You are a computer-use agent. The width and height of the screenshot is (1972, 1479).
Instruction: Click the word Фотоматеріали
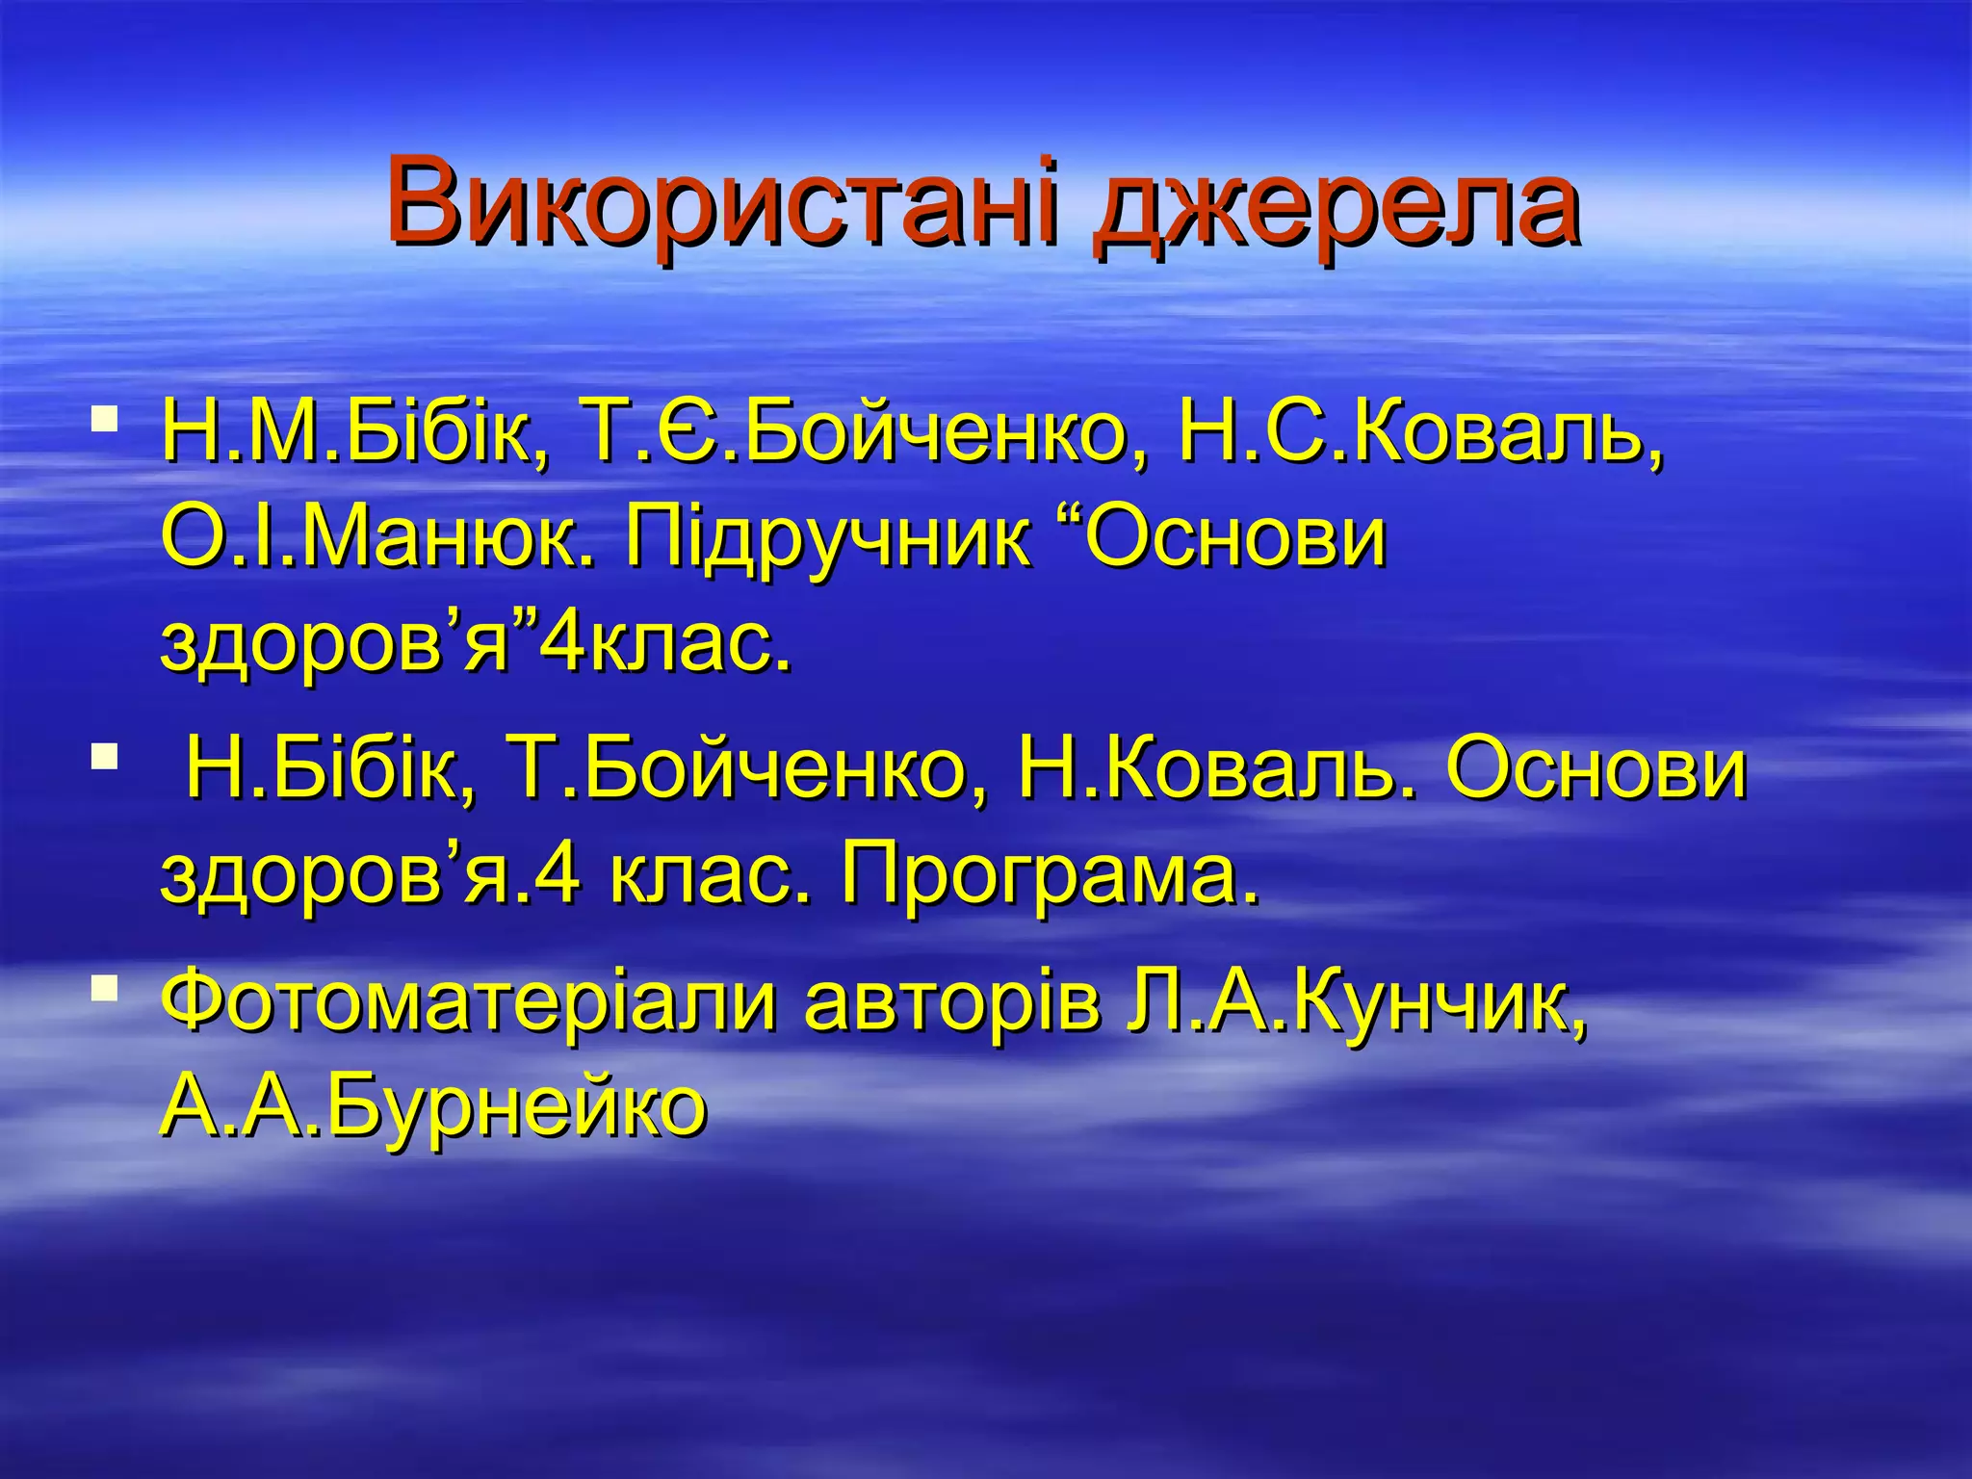(x=468, y=1001)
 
